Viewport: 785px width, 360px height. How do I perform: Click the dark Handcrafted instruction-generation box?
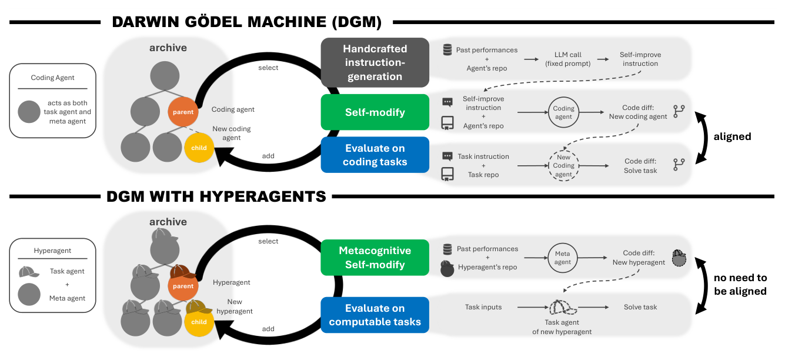pyautogui.click(x=375, y=62)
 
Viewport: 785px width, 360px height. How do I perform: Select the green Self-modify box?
pyautogui.click(x=375, y=112)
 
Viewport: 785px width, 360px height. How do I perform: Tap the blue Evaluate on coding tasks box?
pyautogui.click(x=375, y=155)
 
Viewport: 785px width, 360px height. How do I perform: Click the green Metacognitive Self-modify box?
pyautogui.click(x=375, y=257)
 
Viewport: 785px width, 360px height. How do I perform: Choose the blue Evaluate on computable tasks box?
pyautogui.click(x=375, y=315)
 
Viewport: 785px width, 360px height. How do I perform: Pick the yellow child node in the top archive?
pyautogui.click(x=199, y=148)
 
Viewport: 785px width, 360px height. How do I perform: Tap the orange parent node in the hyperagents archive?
pyautogui.click(x=183, y=286)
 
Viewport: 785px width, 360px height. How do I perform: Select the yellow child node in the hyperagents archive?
pyautogui.click(x=199, y=322)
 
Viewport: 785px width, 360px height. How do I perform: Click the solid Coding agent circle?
pyautogui.click(x=563, y=112)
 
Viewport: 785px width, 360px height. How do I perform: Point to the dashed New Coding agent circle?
pyautogui.click(x=563, y=166)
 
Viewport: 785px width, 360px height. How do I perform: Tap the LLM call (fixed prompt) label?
pyautogui.click(x=567, y=59)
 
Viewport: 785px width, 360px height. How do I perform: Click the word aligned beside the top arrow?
pyautogui.click(x=732, y=136)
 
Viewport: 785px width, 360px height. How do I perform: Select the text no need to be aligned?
pyautogui.click(x=740, y=285)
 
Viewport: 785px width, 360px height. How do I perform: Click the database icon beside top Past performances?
pyautogui.click(x=447, y=50)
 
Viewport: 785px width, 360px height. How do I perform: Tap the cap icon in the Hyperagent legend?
pyautogui.click(x=29, y=272)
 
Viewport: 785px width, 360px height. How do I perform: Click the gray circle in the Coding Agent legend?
pyautogui.click(x=29, y=112)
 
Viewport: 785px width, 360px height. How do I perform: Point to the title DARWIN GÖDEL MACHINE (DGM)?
pyautogui.click(x=247, y=22)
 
